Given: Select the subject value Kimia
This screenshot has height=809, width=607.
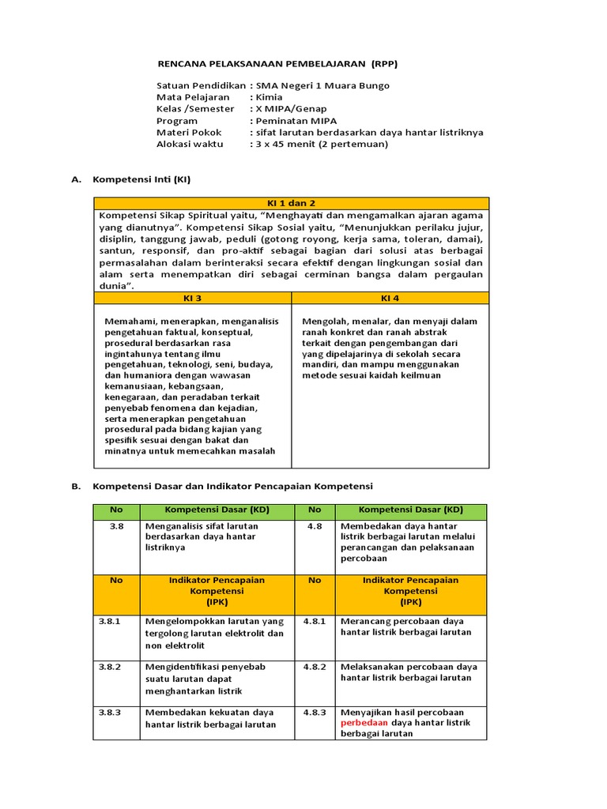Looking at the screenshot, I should tap(269, 97).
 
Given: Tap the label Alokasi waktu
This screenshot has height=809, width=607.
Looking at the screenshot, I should tap(190, 145).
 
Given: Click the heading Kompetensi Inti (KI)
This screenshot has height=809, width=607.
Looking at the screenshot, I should tap(141, 179).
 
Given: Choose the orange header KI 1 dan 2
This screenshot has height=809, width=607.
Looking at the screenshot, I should tap(291, 203).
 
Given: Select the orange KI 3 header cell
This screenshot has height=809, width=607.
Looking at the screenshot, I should tap(192, 298).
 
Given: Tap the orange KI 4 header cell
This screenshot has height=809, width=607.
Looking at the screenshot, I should tap(390, 298).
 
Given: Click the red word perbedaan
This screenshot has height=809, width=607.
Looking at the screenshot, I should tap(365, 723).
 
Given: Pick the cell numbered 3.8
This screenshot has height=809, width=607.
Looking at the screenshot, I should tap(116, 525).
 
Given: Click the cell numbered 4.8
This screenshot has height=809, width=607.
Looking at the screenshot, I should tap(315, 525).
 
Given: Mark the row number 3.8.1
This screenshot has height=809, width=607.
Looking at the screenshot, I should tap(110, 621).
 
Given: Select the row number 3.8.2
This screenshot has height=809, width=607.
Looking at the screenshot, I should tap(110, 667).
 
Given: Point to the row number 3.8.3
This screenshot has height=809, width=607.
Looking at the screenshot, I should tap(110, 712).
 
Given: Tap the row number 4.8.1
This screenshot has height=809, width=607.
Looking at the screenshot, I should tap(315, 621).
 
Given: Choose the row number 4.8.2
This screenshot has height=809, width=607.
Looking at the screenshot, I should tap(315, 667).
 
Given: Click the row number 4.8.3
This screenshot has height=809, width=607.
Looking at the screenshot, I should tap(315, 712).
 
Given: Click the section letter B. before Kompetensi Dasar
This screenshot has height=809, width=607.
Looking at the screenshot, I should tap(76, 486).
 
